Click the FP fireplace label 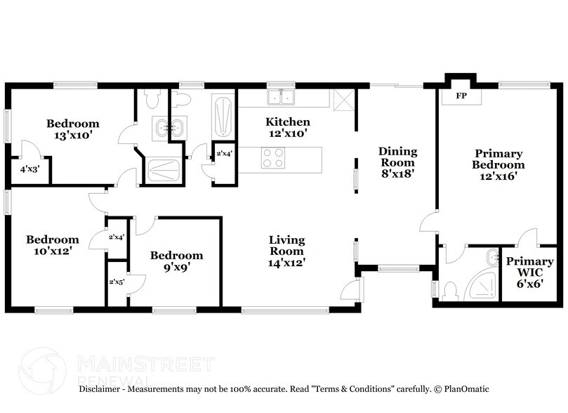(x=461, y=96)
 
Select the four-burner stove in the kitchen (x=273, y=159)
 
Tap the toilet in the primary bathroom (x=450, y=289)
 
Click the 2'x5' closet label (x=117, y=282)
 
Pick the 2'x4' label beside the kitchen (x=224, y=153)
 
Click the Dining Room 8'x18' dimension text (x=397, y=173)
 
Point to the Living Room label (x=286, y=246)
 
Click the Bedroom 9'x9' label (x=176, y=261)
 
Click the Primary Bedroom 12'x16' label (x=498, y=164)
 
